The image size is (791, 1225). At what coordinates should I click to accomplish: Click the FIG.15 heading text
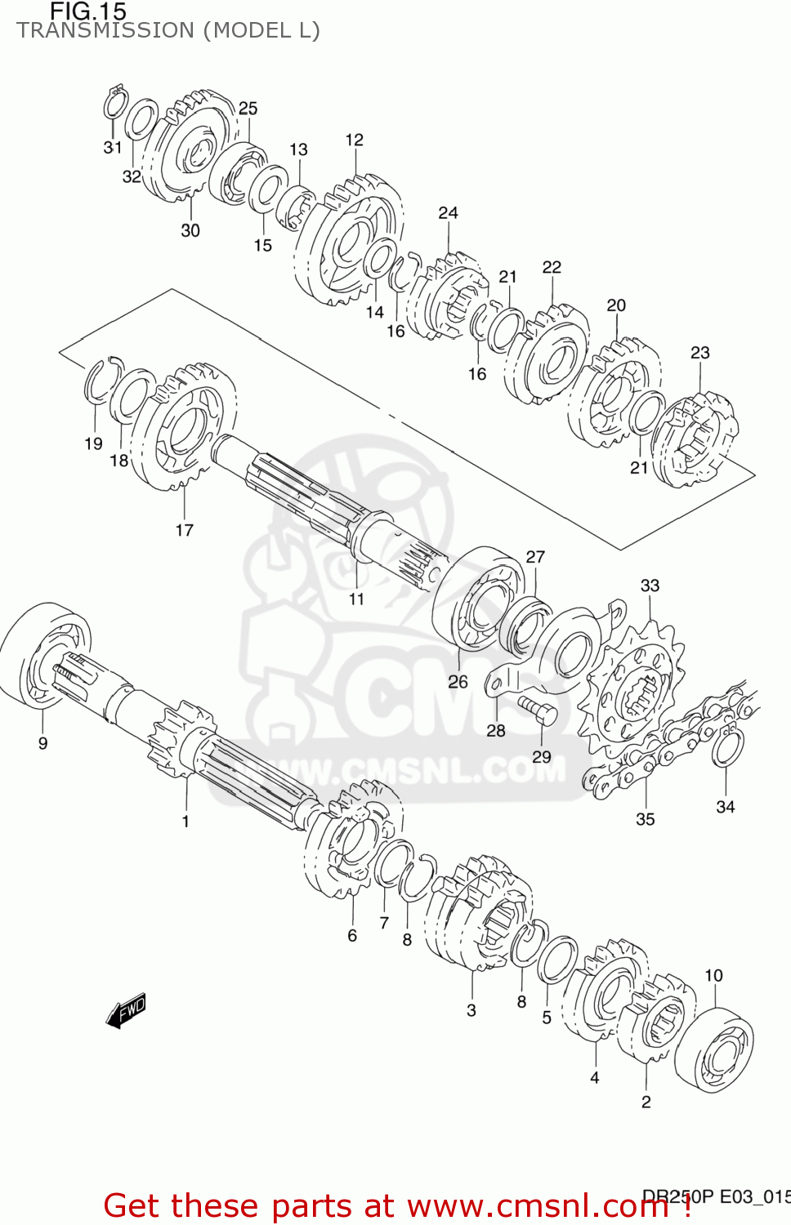(x=88, y=11)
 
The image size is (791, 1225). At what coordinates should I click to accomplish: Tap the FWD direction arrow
(x=126, y=1010)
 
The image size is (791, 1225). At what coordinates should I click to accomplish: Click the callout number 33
(x=650, y=586)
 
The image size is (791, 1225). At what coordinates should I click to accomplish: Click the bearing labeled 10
(x=715, y=1049)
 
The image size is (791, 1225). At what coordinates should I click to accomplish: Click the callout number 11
(x=356, y=599)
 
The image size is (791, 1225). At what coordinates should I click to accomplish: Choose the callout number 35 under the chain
(x=645, y=819)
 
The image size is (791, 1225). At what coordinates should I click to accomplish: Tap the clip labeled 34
(x=726, y=747)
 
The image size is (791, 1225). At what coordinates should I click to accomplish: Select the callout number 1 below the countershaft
(x=185, y=822)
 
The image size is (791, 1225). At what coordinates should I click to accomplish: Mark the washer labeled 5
(x=557, y=960)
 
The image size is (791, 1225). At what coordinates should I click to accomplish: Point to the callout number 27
(x=535, y=557)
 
